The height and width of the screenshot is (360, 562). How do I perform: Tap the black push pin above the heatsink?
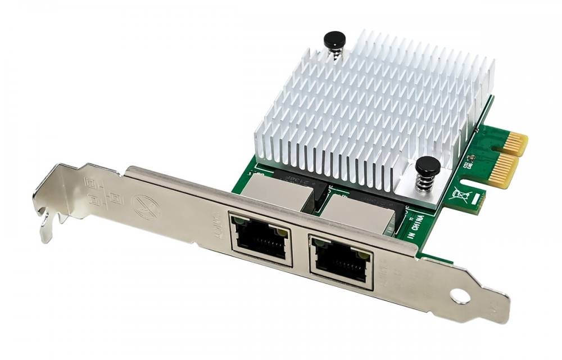[334, 39]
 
